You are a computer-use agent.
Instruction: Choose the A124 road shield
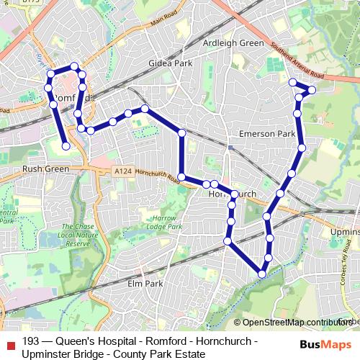(122, 171)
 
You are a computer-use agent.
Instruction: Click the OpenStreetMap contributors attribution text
(295, 323)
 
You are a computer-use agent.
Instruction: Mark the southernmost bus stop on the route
(262, 273)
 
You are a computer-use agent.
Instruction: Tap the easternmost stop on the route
(312, 89)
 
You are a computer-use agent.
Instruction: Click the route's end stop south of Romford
(66, 146)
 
